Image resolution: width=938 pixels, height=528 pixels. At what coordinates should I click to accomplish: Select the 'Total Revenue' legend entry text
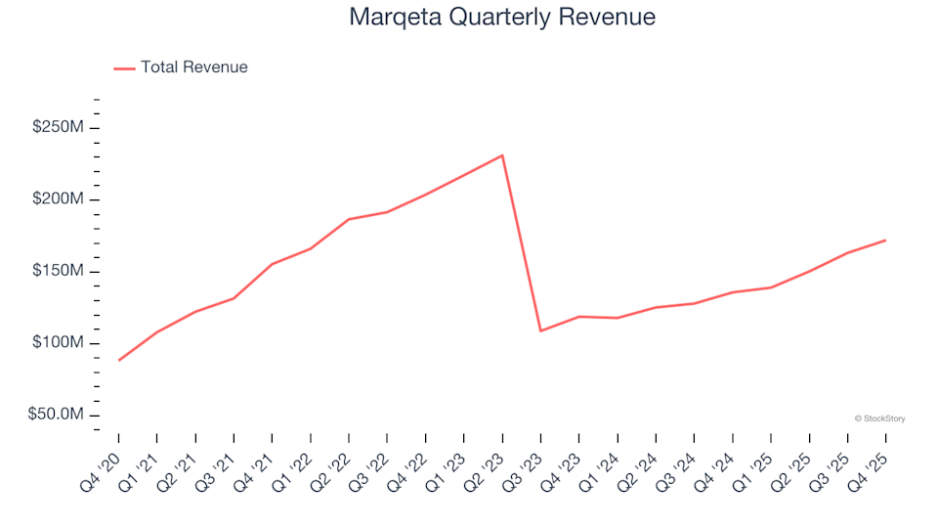point(193,67)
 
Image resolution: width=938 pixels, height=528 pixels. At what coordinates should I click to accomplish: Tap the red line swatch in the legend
point(124,68)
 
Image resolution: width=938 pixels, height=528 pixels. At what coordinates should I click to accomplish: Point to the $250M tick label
point(58,128)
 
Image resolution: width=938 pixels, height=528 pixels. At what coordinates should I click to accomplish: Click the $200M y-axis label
point(58,199)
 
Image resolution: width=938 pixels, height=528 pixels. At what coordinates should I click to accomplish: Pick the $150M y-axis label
point(58,272)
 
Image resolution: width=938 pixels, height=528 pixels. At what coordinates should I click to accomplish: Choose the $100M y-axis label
point(58,343)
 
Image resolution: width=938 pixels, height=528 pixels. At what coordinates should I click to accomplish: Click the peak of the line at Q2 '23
point(502,154)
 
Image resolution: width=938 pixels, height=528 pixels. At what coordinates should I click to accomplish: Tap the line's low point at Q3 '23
point(540,330)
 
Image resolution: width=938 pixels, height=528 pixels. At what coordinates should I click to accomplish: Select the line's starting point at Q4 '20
point(119,361)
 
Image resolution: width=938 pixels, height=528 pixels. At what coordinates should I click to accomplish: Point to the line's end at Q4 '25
point(885,241)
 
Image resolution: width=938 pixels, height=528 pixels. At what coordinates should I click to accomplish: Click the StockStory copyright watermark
point(879,418)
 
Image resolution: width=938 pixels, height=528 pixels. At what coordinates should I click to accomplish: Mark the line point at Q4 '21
point(273,264)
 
